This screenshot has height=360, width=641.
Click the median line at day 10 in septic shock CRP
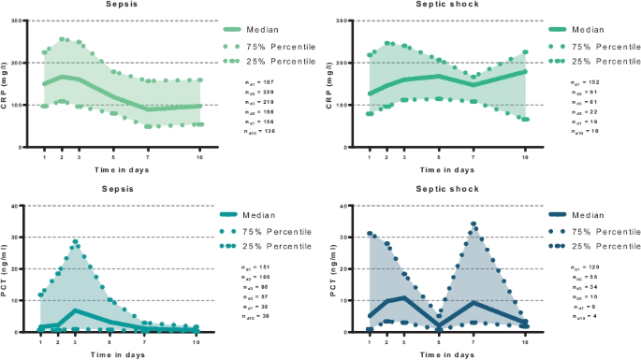pos(525,71)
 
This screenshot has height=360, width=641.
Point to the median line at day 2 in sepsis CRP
pos(61,77)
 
